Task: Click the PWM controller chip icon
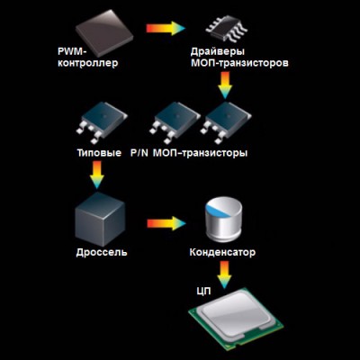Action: coord(104,32)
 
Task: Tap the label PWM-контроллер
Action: coord(88,58)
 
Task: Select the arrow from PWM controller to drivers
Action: coord(166,28)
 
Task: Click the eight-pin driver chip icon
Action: coord(227,29)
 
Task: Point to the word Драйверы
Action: coord(218,51)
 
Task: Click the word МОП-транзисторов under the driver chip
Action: coord(239,63)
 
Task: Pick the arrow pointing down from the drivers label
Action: coord(225,85)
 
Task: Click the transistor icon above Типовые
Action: coord(102,122)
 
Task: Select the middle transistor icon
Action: coord(175,122)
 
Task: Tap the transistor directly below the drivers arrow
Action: coord(227,122)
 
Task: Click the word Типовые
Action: coord(99,153)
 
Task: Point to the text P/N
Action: coord(139,153)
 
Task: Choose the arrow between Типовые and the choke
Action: coord(96,175)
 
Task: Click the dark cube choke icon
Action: coord(100,219)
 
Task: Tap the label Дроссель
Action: coord(102,252)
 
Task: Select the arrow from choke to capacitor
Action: coord(166,223)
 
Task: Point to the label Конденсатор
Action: coord(222,252)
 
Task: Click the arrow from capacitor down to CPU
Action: coord(224,274)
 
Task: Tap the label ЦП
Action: coord(203,292)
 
